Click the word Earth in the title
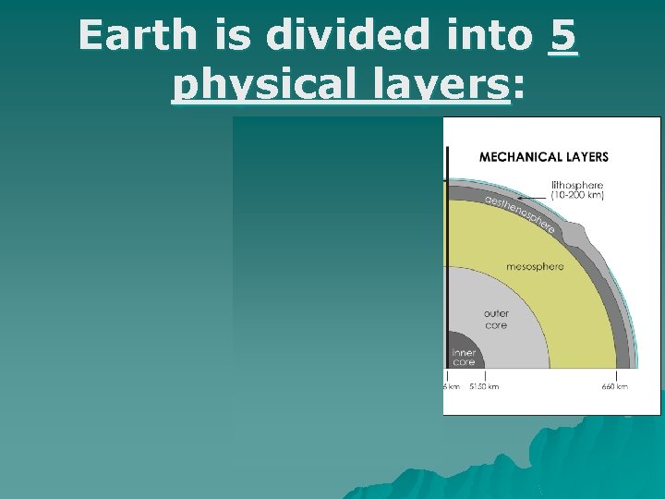pos(138,36)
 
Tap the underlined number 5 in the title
pos(562,36)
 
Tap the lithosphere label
pos(577,186)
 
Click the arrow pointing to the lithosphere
pos(533,197)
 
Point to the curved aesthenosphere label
pos(522,212)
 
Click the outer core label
pos(496,320)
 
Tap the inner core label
pos(463,358)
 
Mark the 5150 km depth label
pos(484,386)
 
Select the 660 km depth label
pos(615,386)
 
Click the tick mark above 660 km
pos(617,374)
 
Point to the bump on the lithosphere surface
pos(583,231)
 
